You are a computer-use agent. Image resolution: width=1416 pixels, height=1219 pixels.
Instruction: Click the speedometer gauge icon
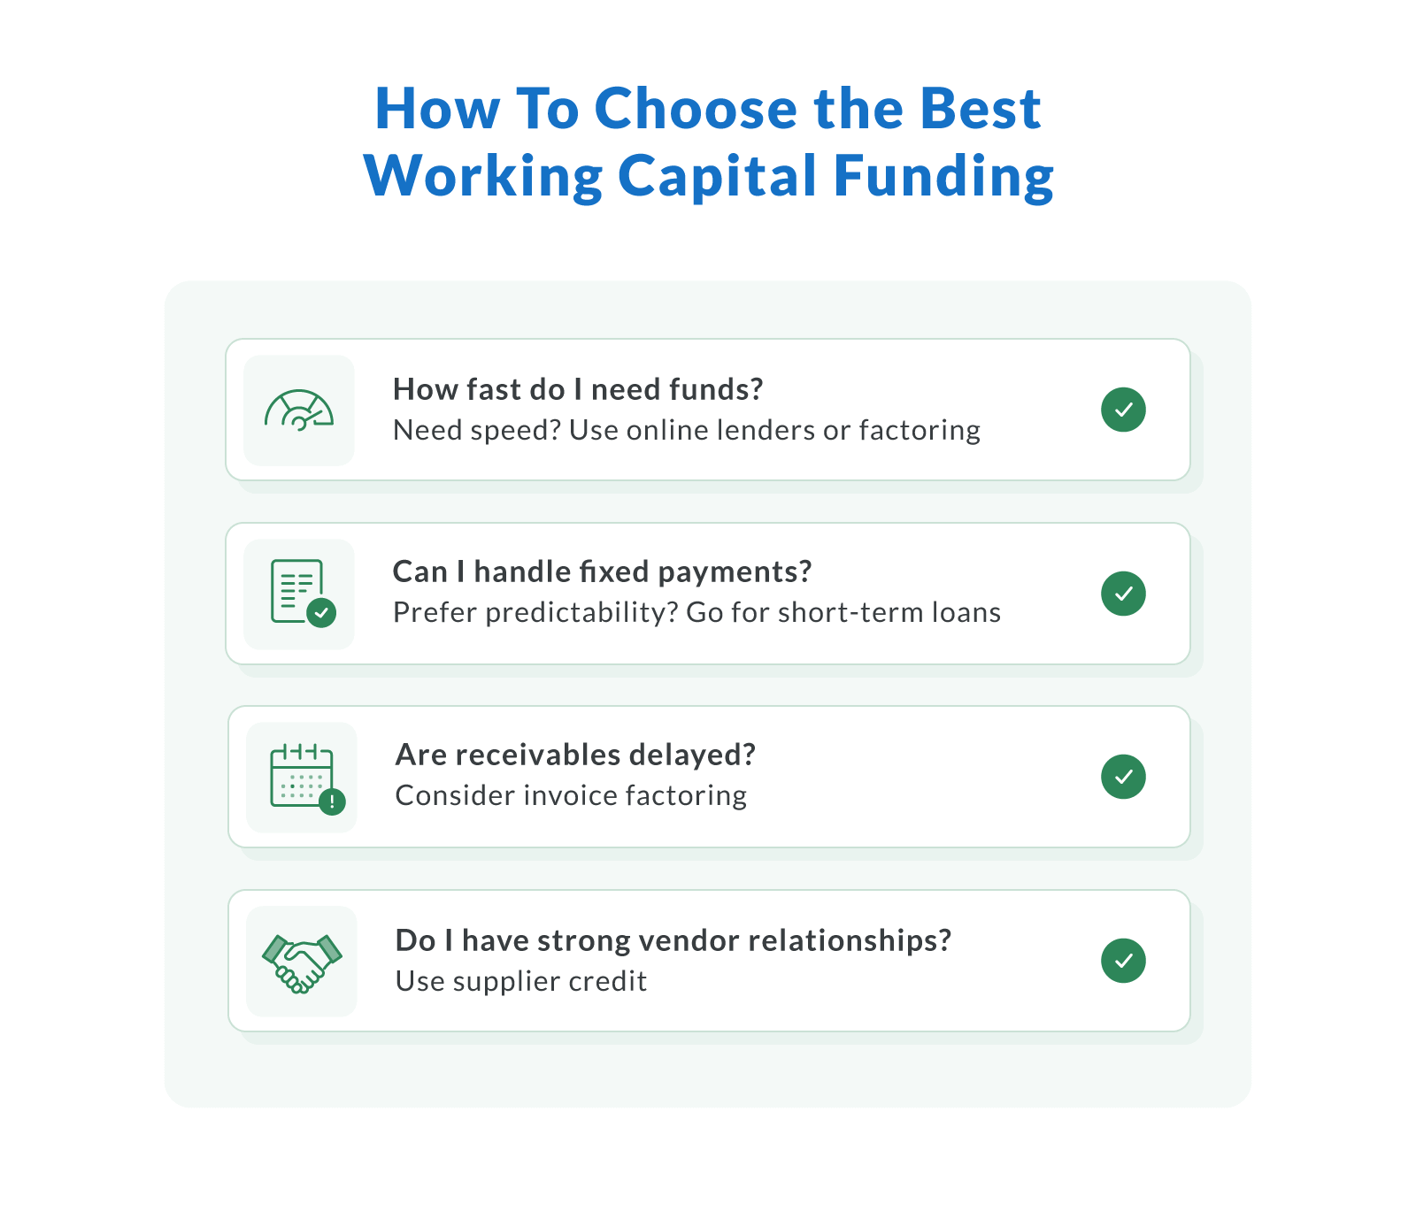pos(299,410)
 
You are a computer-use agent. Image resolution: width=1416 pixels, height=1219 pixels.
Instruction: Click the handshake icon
pos(302,962)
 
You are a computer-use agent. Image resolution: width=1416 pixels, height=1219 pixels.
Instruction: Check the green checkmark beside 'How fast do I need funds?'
pos(1123,410)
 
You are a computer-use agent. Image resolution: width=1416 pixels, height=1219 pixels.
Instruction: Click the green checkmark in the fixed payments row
pos(1123,593)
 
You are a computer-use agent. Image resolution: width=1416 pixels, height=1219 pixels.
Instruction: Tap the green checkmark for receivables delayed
pos(1123,777)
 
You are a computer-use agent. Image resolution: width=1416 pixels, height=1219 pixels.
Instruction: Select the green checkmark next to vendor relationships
pos(1123,961)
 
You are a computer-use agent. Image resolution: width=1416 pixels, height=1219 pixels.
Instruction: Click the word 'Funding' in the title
pos(943,175)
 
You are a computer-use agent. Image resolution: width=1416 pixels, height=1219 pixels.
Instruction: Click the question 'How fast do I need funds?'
pos(577,389)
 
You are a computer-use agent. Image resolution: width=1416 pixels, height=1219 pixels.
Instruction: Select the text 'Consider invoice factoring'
pos(571,795)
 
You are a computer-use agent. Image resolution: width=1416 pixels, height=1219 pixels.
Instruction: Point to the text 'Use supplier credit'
pos(520,981)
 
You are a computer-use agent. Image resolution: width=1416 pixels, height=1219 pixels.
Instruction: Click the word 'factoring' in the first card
pos(920,430)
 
